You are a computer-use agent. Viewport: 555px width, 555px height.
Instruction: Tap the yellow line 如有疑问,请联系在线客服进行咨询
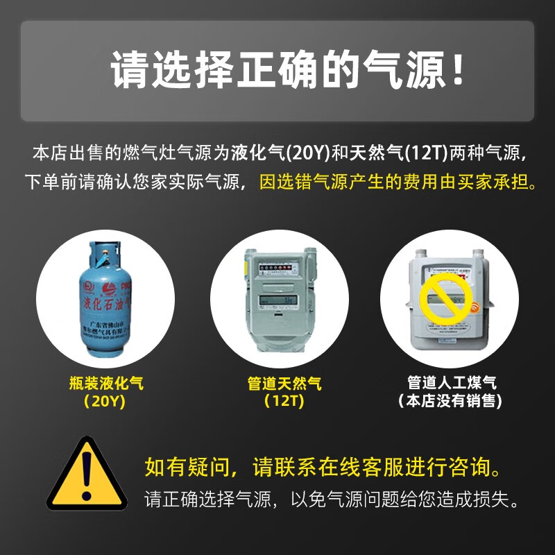click(x=323, y=466)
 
